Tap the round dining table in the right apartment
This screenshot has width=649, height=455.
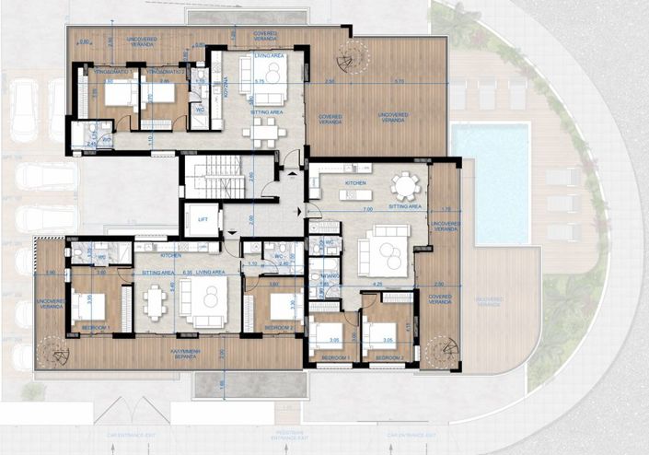[404, 187]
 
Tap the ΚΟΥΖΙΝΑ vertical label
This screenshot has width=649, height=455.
[226, 87]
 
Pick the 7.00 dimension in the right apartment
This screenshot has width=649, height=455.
[368, 211]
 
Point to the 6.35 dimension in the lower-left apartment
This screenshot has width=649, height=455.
[188, 273]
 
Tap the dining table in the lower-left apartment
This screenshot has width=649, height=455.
[152, 301]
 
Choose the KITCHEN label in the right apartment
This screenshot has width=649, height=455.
[355, 183]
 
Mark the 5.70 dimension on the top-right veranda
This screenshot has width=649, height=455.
[399, 82]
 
